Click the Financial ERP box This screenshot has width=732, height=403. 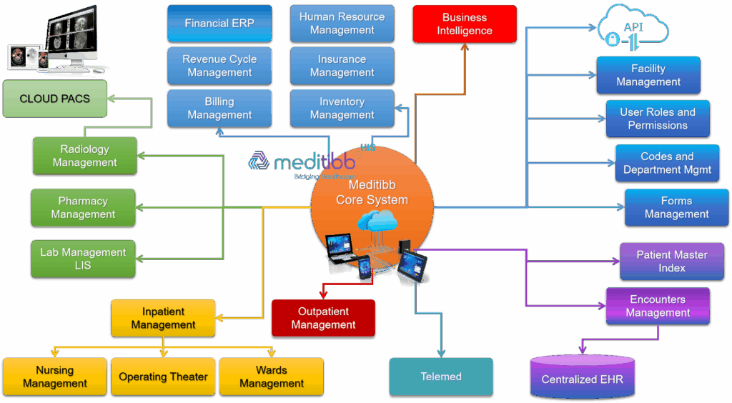click(219, 24)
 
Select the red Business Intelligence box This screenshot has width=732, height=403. click(465, 24)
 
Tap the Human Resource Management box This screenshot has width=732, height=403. click(342, 24)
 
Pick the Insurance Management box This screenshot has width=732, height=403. click(342, 66)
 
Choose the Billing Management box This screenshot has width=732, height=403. click(219, 109)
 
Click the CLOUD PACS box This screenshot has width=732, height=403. click(55, 99)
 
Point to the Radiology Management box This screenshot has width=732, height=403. click(84, 156)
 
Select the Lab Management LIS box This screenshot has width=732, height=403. click(83, 259)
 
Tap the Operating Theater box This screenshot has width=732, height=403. click(163, 377)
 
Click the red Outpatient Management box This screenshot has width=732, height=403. click(323, 318)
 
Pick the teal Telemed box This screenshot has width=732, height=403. click(441, 377)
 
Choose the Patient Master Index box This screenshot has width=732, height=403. click(672, 261)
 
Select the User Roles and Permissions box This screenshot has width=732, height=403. click(658, 119)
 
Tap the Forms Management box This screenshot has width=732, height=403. click(676, 208)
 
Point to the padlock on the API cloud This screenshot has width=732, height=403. click(613, 40)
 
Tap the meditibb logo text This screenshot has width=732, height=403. click(307, 163)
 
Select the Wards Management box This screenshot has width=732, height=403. click(272, 377)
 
